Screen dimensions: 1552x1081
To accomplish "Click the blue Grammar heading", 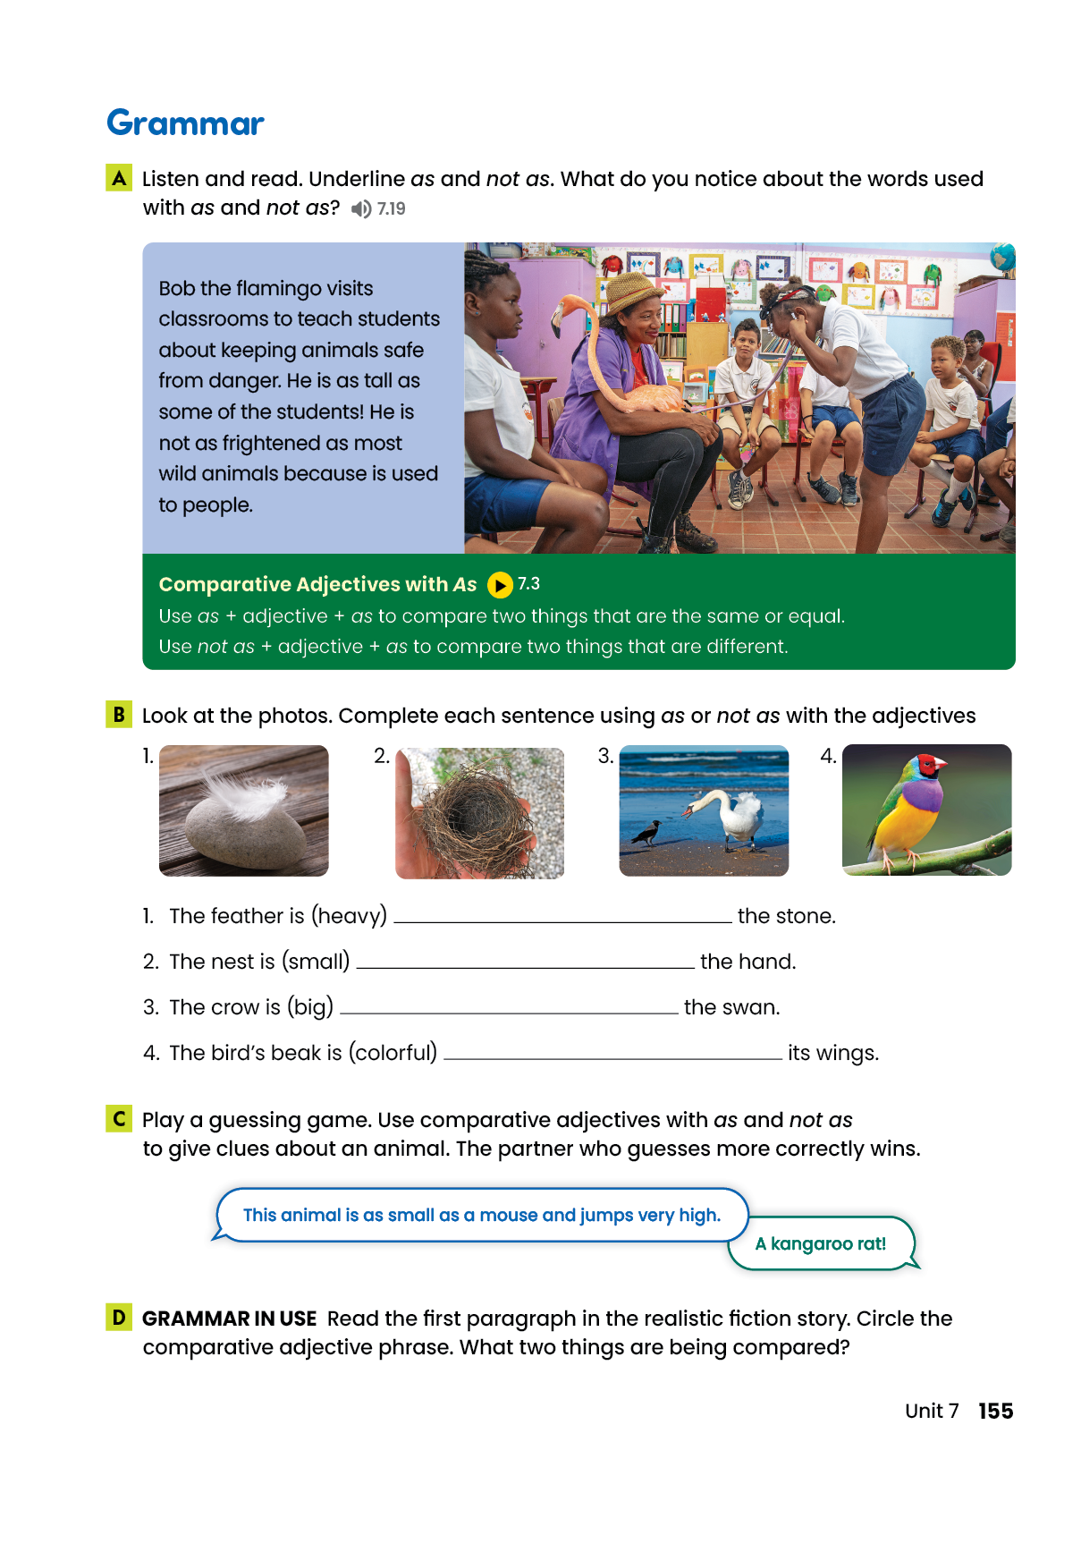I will pyautogui.click(x=185, y=123).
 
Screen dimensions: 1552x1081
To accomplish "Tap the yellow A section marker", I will pyautogui.click(x=119, y=178).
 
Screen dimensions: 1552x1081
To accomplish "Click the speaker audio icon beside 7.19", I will pyautogui.click(x=360, y=208).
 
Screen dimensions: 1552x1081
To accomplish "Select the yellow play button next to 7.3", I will pyautogui.click(x=500, y=585).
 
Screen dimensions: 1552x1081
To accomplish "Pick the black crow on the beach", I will pyautogui.click(x=646, y=834).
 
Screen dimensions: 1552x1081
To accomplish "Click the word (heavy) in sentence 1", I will pyautogui.click(x=349, y=916).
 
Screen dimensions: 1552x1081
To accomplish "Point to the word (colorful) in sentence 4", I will pyautogui.click(x=393, y=1053).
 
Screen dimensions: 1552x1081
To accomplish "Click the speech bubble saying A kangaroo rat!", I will pyautogui.click(x=821, y=1243).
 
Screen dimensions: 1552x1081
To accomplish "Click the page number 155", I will pyautogui.click(x=995, y=1411).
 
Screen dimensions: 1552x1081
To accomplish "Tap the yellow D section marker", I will pyautogui.click(x=119, y=1318).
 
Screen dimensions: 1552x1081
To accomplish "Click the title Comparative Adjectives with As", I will pyautogui.click(x=317, y=584).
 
